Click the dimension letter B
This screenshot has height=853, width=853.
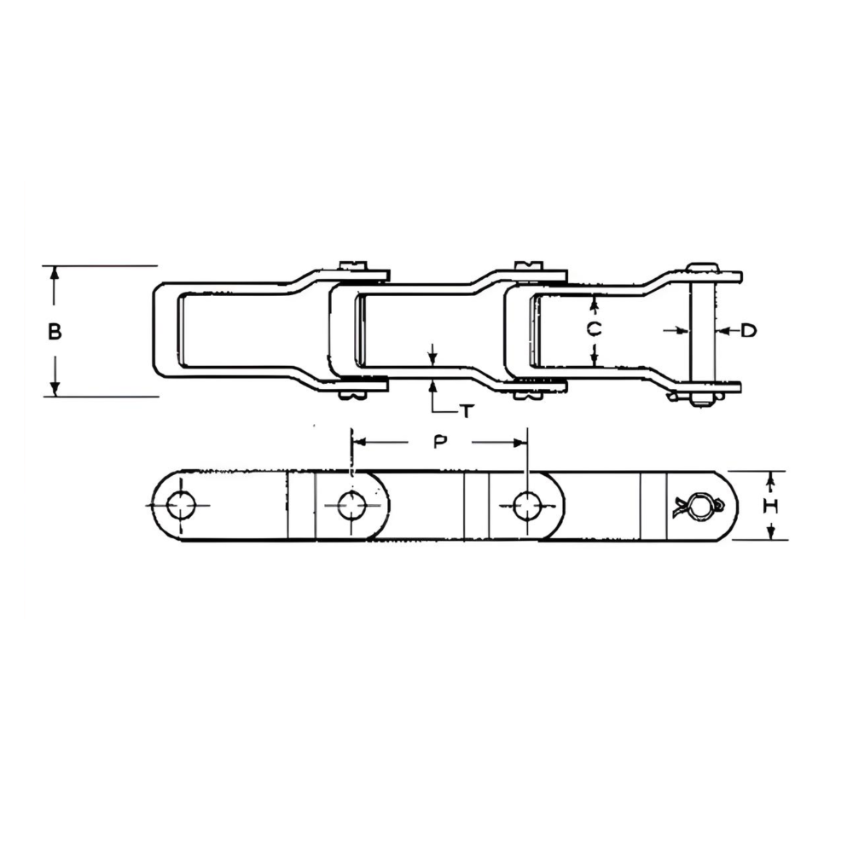55,332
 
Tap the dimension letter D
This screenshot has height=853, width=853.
747,330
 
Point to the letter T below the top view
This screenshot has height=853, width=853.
467,412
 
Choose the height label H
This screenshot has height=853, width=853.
770,506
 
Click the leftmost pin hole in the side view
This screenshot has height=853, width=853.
181,506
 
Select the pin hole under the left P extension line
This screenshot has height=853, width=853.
351,506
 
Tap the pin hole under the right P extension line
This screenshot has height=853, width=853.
526,506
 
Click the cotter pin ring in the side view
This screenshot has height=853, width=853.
701,507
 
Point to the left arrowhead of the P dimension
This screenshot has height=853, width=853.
358,442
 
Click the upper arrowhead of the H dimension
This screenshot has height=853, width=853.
771,476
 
